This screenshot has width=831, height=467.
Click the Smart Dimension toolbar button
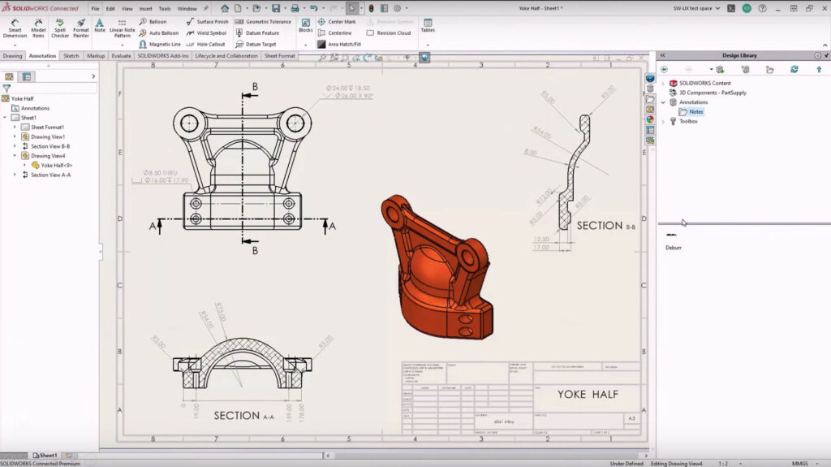(x=15, y=28)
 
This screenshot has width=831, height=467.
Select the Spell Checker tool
(x=60, y=28)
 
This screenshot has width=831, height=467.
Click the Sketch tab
(x=71, y=56)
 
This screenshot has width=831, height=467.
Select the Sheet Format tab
(x=279, y=56)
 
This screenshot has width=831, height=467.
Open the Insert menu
(x=145, y=8)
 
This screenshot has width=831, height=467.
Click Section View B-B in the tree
(x=50, y=146)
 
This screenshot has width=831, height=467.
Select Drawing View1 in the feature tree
(x=48, y=136)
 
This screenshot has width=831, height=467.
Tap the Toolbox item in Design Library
(x=688, y=121)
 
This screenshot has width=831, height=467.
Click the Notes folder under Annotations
(x=696, y=112)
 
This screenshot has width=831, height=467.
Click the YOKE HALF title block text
(x=588, y=395)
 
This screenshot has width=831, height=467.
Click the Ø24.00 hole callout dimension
(x=348, y=87)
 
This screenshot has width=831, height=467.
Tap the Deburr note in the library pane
(x=674, y=247)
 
